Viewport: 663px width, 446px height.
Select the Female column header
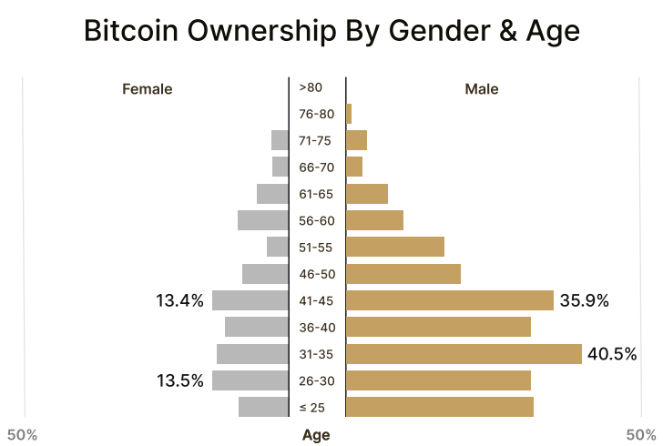[147, 89]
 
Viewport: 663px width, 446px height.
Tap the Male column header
[482, 89]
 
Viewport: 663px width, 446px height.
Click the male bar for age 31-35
[464, 354]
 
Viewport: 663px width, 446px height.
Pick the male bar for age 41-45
[450, 300]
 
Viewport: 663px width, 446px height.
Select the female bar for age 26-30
[250, 380]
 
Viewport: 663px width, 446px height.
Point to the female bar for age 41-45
[250, 300]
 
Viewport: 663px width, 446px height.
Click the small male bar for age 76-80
[349, 114]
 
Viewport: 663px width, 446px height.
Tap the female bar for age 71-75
[280, 140]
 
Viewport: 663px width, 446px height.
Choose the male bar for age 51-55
[395, 247]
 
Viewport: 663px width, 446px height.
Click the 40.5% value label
[612, 354]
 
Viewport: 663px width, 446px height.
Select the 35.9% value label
[584, 300]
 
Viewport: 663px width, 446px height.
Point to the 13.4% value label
[179, 300]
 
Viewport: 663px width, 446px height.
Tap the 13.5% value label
[179, 380]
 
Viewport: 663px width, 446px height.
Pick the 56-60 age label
[316, 220]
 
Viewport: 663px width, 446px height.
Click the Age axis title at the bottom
[316, 435]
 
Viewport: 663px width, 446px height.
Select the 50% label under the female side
[22, 434]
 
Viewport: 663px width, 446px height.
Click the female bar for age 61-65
[272, 194]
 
